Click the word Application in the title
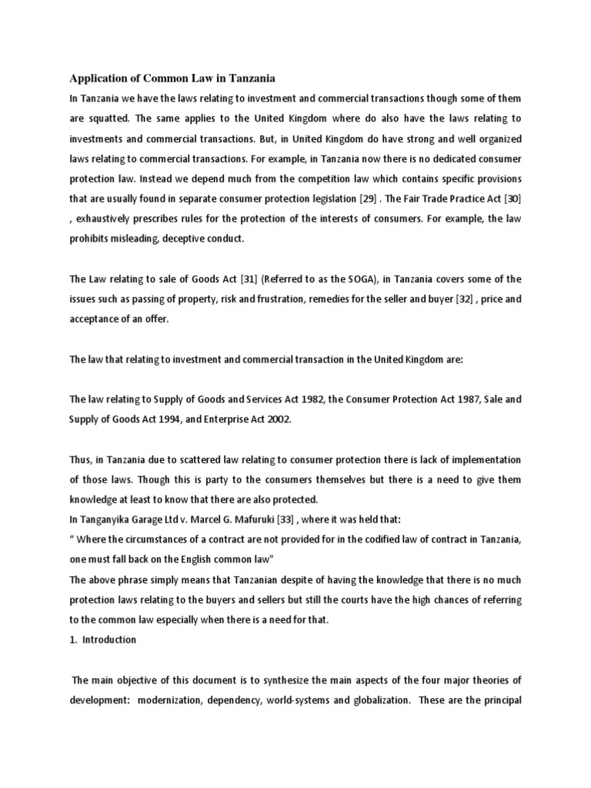[101, 78]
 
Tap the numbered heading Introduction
[109, 639]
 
